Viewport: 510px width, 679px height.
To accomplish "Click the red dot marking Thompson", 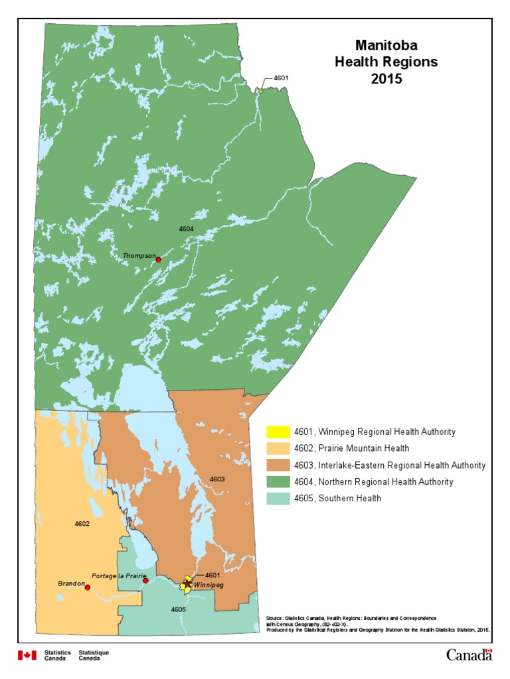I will coord(158,260).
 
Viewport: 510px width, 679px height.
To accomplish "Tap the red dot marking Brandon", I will coord(88,587).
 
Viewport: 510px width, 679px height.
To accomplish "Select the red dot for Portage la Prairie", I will coord(145,581).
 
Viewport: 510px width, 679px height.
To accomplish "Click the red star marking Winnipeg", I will coord(188,584).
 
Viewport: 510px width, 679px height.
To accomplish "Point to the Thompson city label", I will coord(139,255).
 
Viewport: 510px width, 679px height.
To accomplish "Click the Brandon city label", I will coord(70,584).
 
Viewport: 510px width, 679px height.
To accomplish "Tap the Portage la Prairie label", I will coord(119,576).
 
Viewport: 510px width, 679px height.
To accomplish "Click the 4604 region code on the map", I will coord(186,229).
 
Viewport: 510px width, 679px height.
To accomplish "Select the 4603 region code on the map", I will coord(217,479).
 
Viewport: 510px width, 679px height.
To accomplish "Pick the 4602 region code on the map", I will coord(82,524).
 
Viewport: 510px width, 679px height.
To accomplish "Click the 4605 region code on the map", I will coord(178,609).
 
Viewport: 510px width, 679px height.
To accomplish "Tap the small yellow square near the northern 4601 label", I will coord(260,91).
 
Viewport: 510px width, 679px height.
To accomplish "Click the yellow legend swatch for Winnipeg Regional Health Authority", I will coord(274,432).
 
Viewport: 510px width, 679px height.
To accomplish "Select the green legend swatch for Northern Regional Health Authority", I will coord(274,482).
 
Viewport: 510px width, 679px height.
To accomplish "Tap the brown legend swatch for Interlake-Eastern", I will coord(274,465).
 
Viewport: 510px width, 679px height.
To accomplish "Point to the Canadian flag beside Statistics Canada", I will coord(27,655).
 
